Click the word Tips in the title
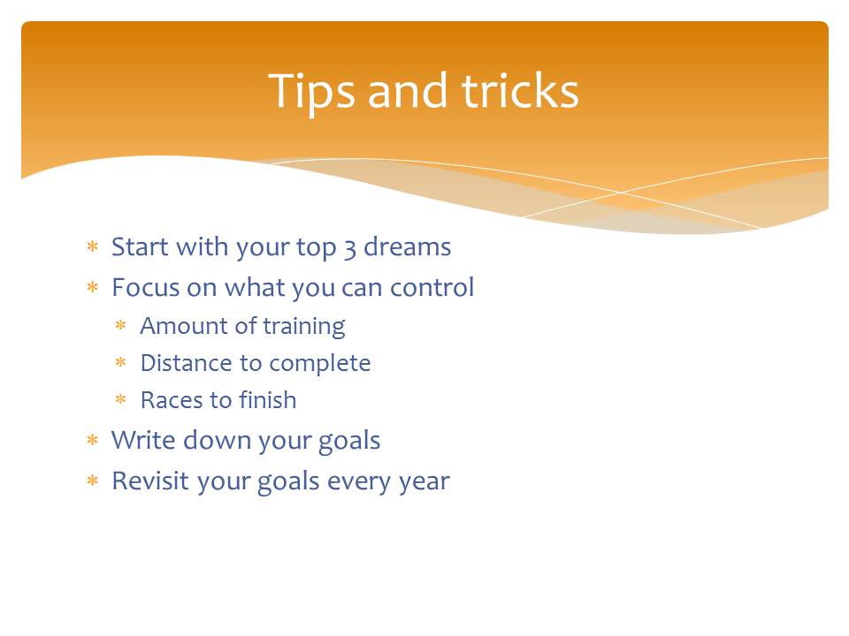(x=312, y=92)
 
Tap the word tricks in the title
(x=520, y=90)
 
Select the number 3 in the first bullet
(x=350, y=248)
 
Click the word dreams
(x=407, y=246)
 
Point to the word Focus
(x=145, y=287)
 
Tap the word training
(x=303, y=327)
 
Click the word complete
(x=320, y=364)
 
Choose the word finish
(x=267, y=399)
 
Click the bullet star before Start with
(x=93, y=246)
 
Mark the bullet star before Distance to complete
(x=121, y=362)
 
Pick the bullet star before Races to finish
(x=121, y=399)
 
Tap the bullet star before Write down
(x=93, y=440)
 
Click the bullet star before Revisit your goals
(x=93, y=481)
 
